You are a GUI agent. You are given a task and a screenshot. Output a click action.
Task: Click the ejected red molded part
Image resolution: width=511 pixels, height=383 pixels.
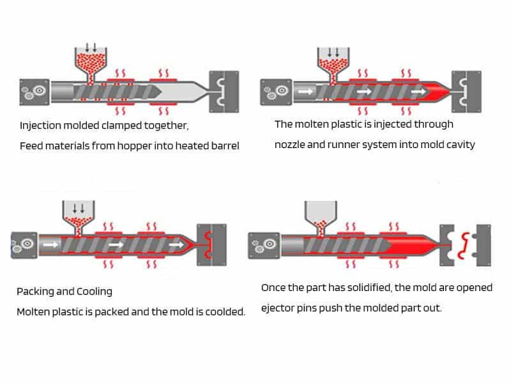[x=464, y=246]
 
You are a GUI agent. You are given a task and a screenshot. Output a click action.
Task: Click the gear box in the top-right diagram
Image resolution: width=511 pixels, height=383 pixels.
[x=277, y=92]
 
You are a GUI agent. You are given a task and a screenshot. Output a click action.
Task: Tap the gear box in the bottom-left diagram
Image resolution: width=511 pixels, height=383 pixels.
[x=24, y=245]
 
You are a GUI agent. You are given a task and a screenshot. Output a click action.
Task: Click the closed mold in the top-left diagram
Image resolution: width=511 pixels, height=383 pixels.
[x=224, y=92]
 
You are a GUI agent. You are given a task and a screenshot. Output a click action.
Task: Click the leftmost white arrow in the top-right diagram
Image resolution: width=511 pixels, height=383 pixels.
[x=305, y=92]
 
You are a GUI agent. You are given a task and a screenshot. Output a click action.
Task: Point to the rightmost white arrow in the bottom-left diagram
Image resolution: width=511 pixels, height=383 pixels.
[x=176, y=244]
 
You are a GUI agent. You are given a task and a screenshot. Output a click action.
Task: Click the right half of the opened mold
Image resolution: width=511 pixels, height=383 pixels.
[x=482, y=246]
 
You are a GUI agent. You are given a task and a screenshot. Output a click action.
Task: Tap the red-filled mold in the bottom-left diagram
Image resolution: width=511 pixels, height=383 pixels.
[x=212, y=245]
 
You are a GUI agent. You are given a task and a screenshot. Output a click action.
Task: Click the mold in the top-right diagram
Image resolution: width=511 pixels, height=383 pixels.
[x=466, y=92]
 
